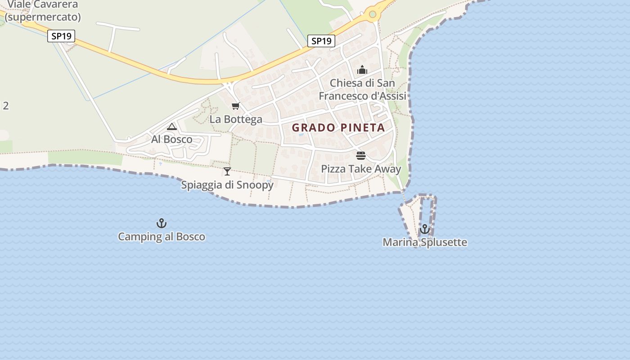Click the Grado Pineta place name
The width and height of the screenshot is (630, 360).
[338, 127]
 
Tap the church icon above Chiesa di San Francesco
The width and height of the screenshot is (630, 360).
[362, 70]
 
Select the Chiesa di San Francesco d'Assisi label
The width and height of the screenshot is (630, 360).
[362, 90]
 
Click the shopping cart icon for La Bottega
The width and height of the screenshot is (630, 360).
[235, 106]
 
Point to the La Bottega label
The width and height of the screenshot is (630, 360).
[236, 119]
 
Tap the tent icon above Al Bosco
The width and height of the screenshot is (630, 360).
[171, 127]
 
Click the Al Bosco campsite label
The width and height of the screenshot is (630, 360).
[171, 139]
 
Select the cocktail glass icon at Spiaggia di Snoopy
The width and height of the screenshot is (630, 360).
[227, 171]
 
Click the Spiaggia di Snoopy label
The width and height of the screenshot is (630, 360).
[227, 184]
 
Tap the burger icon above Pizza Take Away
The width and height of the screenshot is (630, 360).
[361, 156]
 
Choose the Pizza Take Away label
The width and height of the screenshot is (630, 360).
[361, 169]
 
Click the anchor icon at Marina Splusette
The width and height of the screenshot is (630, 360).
[424, 229]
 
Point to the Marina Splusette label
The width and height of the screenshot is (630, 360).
[425, 242]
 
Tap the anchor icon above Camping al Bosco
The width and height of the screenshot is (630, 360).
[161, 223]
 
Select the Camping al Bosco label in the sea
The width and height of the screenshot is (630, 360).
[161, 236]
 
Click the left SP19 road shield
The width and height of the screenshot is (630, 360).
[61, 36]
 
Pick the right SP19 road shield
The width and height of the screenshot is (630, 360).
[321, 41]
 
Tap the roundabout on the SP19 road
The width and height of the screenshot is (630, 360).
[372, 14]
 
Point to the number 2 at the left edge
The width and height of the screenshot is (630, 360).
[6, 106]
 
